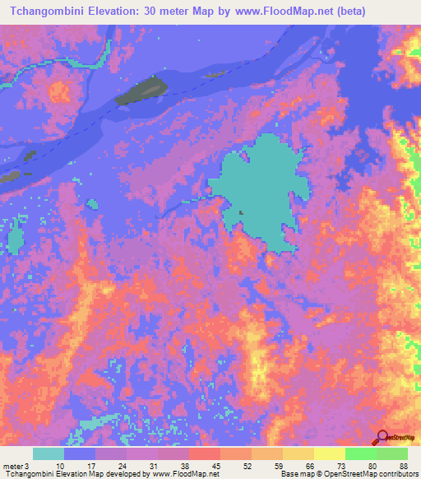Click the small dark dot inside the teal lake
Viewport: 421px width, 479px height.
tap(241, 212)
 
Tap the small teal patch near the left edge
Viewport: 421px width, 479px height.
tap(16, 239)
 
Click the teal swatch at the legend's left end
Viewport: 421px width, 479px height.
tap(48, 453)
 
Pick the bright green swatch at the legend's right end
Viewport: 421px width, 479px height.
tap(391, 453)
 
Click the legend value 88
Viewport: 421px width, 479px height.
tap(403, 466)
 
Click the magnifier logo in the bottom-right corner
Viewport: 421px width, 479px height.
tap(382, 438)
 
